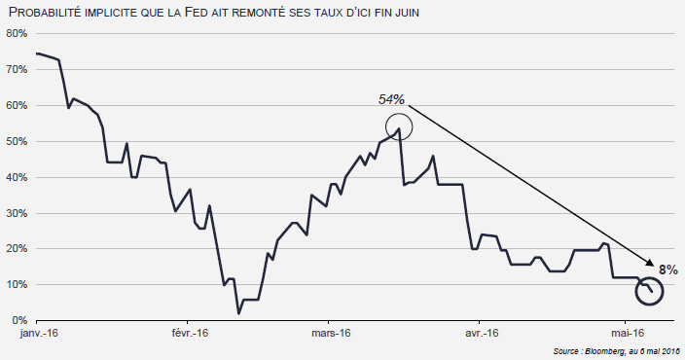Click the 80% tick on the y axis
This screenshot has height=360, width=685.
(16, 33)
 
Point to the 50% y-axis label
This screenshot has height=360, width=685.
(16, 141)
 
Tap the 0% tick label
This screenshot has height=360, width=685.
(18, 320)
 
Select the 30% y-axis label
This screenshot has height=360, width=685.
(16, 213)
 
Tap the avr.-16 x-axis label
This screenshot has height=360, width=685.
(480, 334)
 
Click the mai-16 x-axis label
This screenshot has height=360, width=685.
(625, 334)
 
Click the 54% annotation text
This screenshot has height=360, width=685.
(391, 99)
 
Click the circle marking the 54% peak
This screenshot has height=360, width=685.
(399, 126)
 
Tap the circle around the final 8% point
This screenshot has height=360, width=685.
(649, 289)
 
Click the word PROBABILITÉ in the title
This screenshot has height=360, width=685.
(50, 12)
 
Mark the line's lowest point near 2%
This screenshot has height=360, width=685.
(238, 313)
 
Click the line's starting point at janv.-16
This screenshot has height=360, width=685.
(36, 54)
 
